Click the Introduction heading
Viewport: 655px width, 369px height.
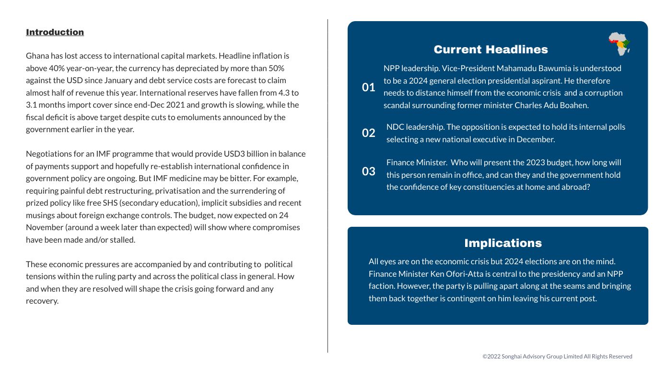pos(55,32)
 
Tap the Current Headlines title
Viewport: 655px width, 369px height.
pos(491,49)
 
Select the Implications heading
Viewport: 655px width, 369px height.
pos(503,243)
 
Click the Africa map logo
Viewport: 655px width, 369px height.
pos(619,44)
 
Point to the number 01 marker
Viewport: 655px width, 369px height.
pos(368,87)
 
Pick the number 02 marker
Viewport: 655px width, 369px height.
pos(368,133)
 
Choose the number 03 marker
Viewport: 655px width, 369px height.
pos(368,172)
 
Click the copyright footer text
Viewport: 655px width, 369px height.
pos(557,357)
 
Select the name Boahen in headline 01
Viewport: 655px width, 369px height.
pos(573,105)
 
